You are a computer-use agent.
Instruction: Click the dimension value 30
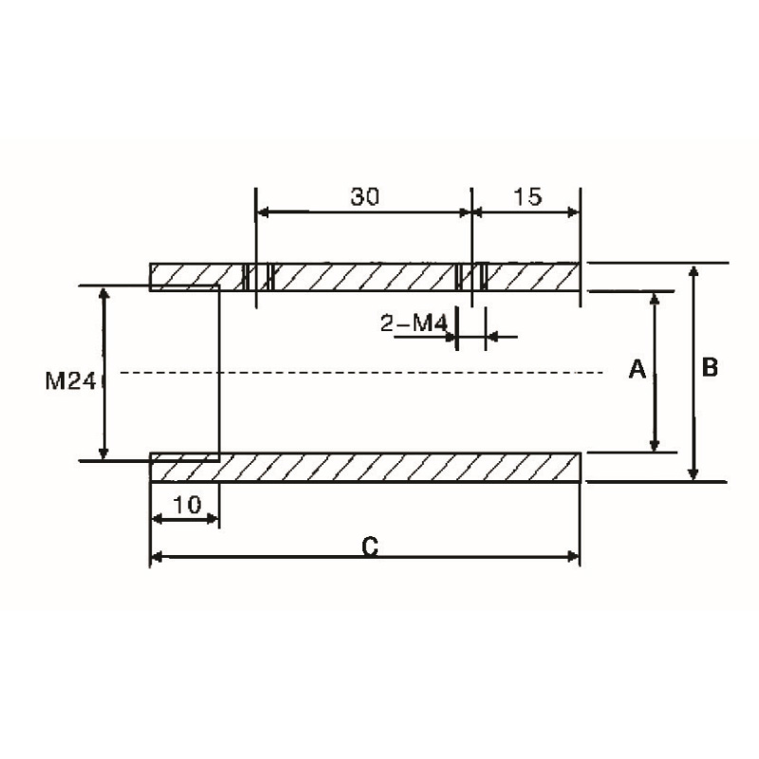[x=364, y=196]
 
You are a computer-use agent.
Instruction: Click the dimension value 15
[x=527, y=196]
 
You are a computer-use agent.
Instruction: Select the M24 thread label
[x=69, y=381]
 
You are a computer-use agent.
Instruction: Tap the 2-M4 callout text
[x=414, y=324]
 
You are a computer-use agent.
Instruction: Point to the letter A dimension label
[x=638, y=370]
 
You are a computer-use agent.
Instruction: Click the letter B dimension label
[x=710, y=368]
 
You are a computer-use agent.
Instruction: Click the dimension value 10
[x=187, y=505]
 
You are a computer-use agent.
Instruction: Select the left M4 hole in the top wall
[x=257, y=276]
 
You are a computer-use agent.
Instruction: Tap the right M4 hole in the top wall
[x=472, y=276]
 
